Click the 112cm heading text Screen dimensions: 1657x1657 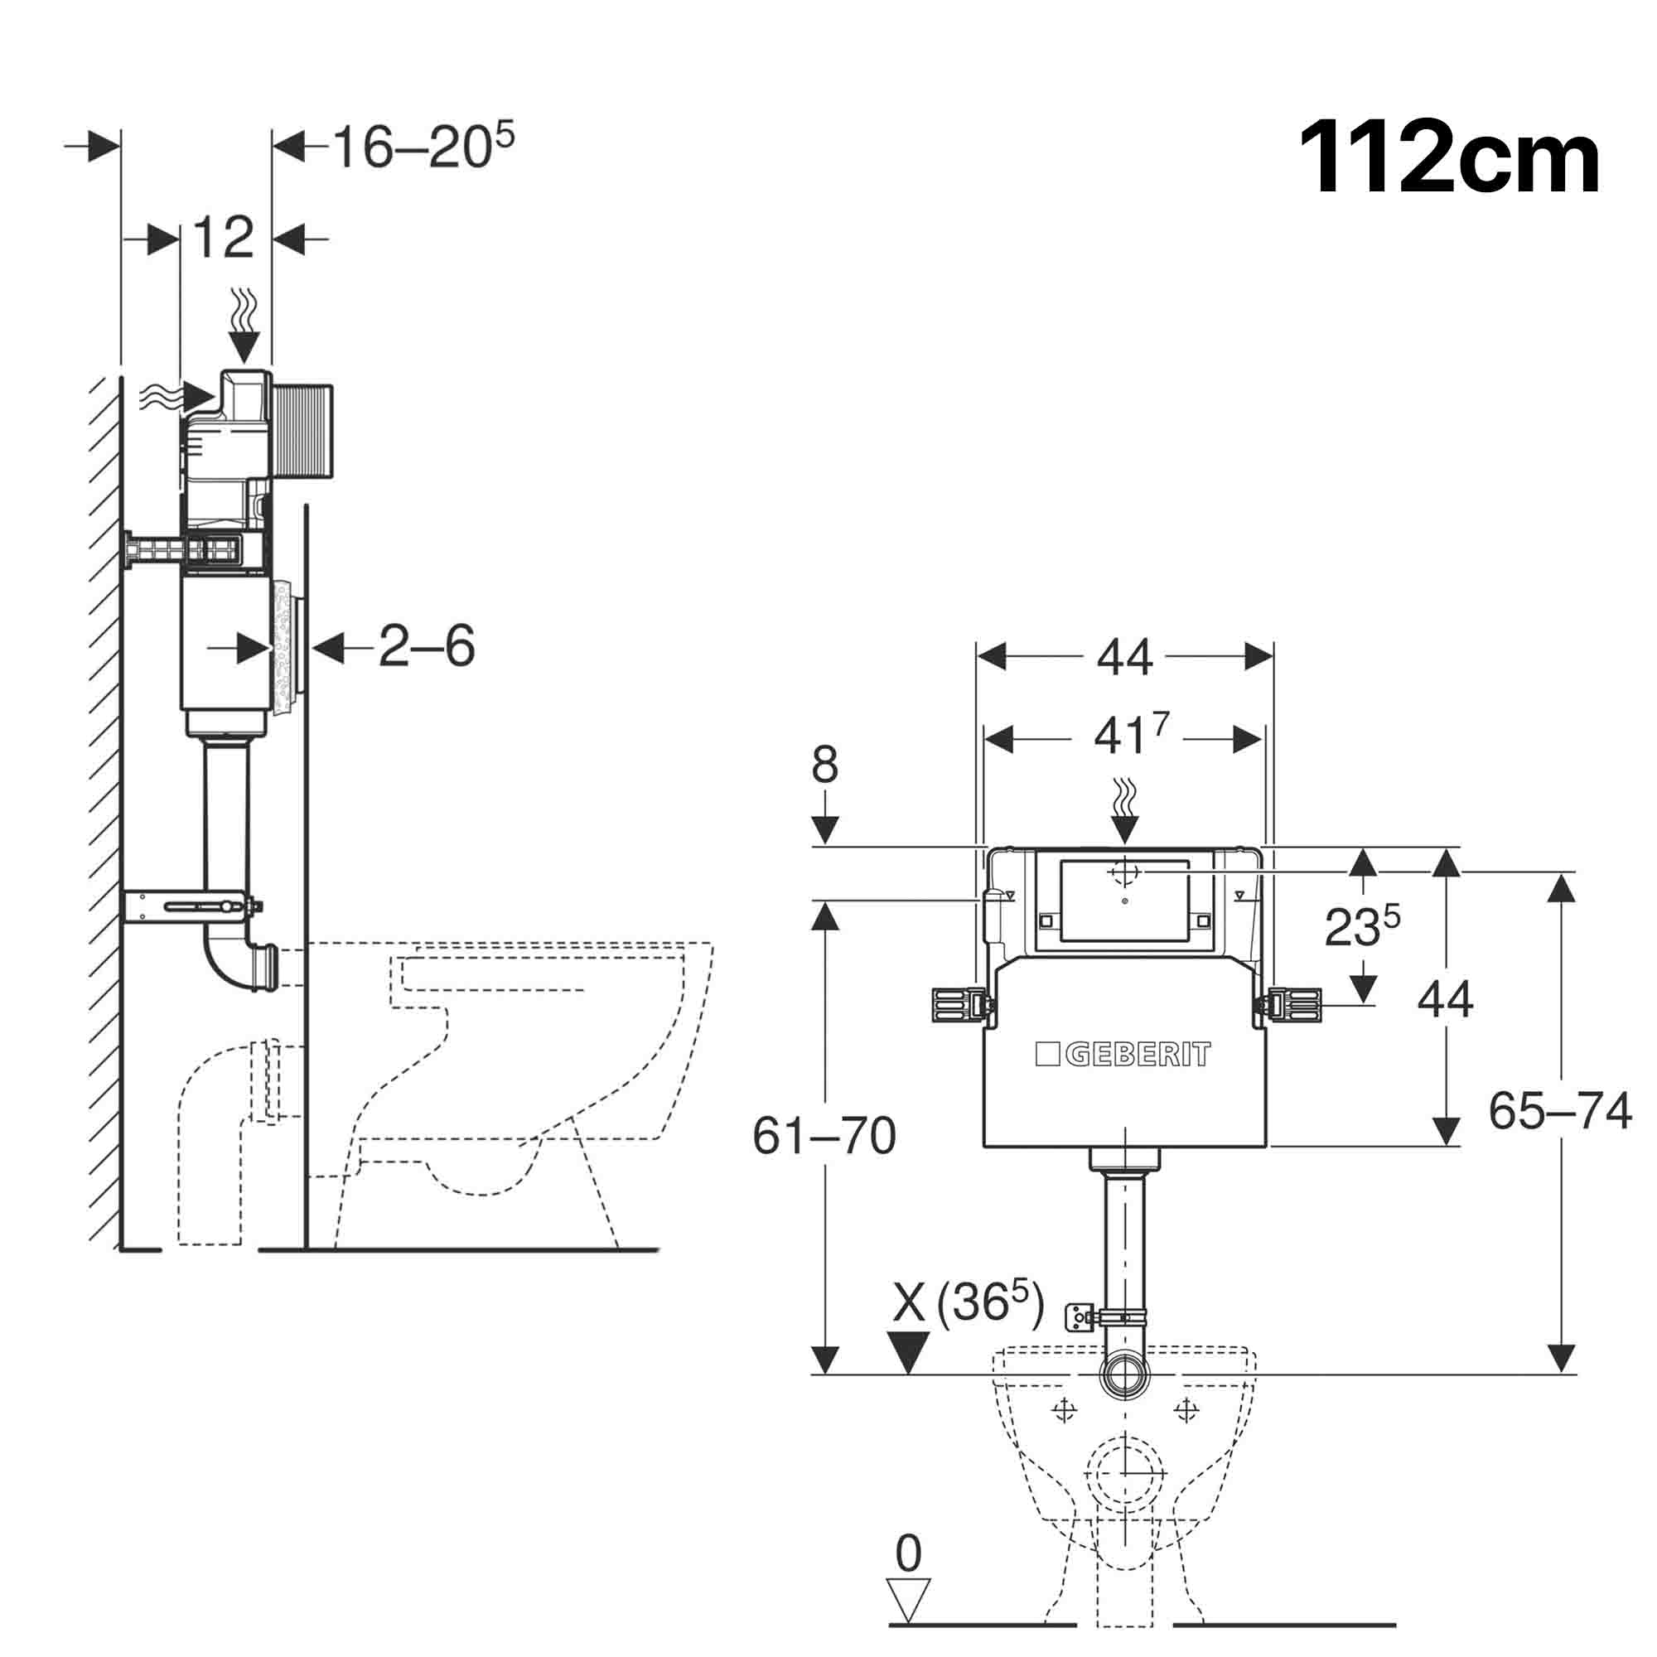point(1448,160)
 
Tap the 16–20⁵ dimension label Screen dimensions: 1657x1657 point(423,147)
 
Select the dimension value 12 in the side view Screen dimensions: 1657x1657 point(224,238)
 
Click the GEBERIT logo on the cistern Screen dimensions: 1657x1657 point(1123,1054)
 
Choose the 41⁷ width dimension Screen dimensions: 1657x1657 point(1130,737)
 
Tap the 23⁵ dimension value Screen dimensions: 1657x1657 point(1362,926)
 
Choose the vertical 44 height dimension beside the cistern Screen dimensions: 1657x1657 point(1444,1000)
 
